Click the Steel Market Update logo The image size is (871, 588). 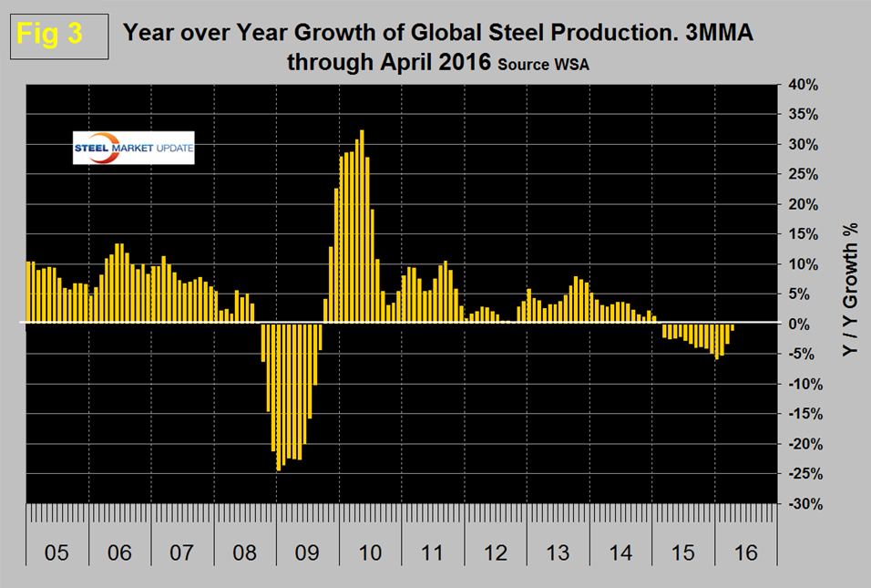tap(133, 149)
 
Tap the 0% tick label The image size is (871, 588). tap(803, 324)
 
